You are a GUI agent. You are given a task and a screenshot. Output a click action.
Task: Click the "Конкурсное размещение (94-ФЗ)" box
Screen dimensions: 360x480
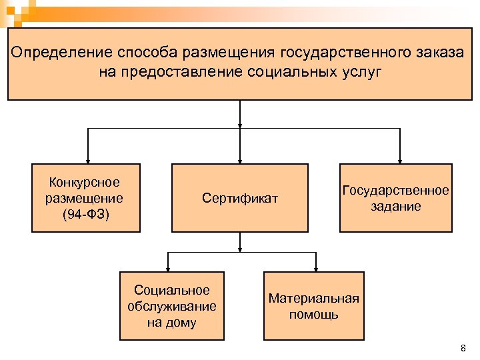pyautogui.click(x=86, y=198)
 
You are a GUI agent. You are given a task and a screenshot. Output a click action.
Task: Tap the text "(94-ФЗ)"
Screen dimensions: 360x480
pyautogui.click(x=85, y=214)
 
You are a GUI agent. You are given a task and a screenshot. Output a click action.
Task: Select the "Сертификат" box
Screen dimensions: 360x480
pyautogui.click(x=240, y=198)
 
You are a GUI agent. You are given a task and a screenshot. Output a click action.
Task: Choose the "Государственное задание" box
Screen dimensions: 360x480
pyautogui.click(x=396, y=198)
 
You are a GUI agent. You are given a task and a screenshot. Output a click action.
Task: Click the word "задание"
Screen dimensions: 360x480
pyautogui.click(x=396, y=207)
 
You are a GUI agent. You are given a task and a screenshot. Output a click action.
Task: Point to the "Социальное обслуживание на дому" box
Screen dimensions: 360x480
pyautogui.click(x=172, y=306)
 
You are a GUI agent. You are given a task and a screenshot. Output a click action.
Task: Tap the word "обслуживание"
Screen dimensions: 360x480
pyautogui.click(x=172, y=307)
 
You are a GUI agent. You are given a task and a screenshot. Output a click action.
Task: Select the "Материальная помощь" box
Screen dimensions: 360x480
pyautogui.click(x=314, y=306)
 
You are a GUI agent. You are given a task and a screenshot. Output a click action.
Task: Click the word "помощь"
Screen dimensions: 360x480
pyautogui.click(x=314, y=314)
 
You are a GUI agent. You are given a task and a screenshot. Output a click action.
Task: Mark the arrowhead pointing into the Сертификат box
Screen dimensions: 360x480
pyautogui.click(x=240, y=159)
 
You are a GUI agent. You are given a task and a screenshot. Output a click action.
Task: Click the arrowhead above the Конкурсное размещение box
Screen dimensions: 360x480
pyautogui.click(x=86, y=159)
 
